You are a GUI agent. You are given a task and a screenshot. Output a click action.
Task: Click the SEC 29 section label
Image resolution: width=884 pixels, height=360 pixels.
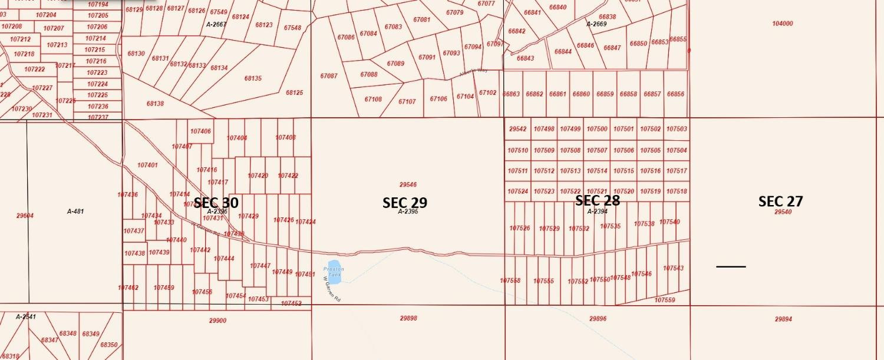pyautogui.click(x=405, y=203)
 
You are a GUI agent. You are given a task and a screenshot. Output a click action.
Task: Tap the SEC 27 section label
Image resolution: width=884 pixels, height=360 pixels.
pyautogui.click(x=780, y=202)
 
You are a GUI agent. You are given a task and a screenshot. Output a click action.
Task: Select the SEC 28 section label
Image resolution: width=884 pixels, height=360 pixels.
pyautogui.click(x=597, y=200)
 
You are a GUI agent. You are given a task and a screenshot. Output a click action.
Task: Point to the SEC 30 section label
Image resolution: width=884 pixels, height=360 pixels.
pyautogui.click(x=216, y=203)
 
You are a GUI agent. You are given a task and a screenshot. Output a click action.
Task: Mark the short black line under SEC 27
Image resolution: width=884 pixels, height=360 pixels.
pyautogui.click(x=731, y=267)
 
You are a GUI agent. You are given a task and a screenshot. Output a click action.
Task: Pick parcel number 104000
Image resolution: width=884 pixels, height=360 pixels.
pyautogui.click(x=782, y=24)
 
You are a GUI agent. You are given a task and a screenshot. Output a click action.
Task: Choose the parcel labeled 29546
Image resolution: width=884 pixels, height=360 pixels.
pyautogui.click(x=408, y=184)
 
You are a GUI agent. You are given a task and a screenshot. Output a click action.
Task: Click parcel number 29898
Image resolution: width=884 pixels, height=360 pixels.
pyautogui.click(x=408, y=318)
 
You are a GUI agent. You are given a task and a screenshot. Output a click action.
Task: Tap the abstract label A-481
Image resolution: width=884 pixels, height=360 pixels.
pyautogui.click(x=75, y=211)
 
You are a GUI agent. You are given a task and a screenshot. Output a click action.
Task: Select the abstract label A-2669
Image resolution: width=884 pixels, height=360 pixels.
pyautogui.click(x=596, y=24)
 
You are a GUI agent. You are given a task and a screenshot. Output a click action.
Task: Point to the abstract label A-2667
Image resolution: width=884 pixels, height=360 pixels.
pyautogui.click(x=216, y=25)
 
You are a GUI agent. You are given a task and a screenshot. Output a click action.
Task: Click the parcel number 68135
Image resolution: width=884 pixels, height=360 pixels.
pyautogui.click(x=253, y=78)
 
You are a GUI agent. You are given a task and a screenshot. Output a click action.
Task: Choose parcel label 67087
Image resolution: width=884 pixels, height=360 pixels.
pyautogui.click(x=329, y=76)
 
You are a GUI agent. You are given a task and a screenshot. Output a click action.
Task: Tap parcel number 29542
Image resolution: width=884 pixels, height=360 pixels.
pyautogui.click(x=517, y=129)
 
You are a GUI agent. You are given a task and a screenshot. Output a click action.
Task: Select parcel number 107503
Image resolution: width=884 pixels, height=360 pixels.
pyautogui.click(x=677, y=129)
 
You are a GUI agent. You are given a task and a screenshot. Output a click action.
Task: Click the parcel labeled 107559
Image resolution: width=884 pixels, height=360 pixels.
pyautogui.click(x=665, y=300)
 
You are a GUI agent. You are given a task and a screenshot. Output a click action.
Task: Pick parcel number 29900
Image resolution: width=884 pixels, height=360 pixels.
pyautogui.click(x=217, y=321)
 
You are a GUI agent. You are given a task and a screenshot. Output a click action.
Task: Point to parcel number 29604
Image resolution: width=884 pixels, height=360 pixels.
pyautogui.click(x=25, y=216)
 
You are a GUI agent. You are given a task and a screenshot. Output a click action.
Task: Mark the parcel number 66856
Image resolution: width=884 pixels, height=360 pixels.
pyautogui.click(x=675, y=94)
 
